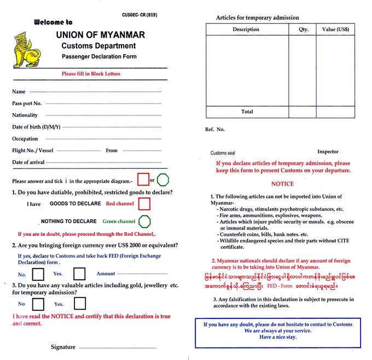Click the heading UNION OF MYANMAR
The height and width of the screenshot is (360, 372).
(101, 34)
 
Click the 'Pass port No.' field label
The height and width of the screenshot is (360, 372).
(27, 103)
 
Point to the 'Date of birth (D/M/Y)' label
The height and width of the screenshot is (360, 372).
(36, 127)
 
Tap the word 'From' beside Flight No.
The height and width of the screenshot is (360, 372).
(112, 150)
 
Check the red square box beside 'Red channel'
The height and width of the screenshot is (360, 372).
(144, 204)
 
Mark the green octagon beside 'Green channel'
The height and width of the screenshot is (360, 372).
(144, 221)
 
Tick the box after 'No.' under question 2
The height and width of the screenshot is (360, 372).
(38, 274)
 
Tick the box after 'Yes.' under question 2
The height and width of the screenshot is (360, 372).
(79, 274)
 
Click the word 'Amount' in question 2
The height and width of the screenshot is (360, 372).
(106, 274)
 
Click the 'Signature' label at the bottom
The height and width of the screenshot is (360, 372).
(63, 347)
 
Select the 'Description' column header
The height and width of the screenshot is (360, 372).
(246, 30)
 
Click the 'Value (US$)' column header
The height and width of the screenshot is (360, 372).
(335, 30)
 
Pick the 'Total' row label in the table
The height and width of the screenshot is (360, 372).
(247, 112)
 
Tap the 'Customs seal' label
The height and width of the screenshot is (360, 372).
(223, 153)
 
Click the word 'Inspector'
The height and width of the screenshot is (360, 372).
(328, 152)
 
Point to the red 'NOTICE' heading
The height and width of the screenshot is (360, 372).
(282, 184)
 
